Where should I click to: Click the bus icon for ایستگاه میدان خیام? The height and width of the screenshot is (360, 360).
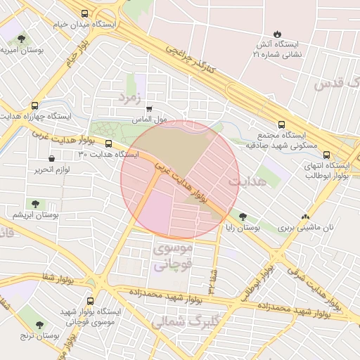click(85, 13)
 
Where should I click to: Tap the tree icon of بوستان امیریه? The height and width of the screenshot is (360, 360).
click(22, 39)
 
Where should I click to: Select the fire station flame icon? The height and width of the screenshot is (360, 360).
click(277, 33)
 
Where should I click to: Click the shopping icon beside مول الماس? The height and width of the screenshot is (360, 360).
click(148, 109)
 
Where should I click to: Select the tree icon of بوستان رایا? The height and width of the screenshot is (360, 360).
click(243, 217)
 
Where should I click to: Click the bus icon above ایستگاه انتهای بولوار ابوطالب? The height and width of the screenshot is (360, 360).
click(326, 155)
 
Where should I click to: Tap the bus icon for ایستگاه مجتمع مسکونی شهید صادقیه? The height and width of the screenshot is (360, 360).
click(282, 105)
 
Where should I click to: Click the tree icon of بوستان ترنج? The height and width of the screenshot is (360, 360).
click(37, 325)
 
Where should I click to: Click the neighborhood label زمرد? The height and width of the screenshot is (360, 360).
click(131, 95)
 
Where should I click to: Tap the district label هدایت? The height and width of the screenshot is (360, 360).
click(246, 181)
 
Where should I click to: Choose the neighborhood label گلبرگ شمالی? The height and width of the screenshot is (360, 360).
click(181, 322)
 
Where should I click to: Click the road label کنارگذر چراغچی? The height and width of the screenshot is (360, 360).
click(188, 60)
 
